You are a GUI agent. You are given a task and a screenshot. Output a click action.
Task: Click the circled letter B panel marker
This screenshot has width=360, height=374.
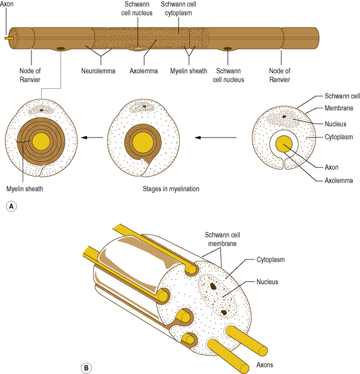pos(87,367)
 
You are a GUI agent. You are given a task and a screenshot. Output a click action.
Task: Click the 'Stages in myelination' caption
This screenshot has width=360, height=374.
pos(171,189)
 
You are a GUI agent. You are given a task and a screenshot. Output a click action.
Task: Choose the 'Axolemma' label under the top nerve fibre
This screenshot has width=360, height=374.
pos(145,71)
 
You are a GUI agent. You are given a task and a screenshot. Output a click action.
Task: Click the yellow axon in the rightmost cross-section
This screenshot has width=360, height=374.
pos(283,144)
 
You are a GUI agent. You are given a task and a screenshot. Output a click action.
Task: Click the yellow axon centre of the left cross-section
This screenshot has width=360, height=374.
pos(41,141)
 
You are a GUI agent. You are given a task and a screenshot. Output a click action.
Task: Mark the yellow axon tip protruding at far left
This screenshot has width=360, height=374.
pos(8,38)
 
